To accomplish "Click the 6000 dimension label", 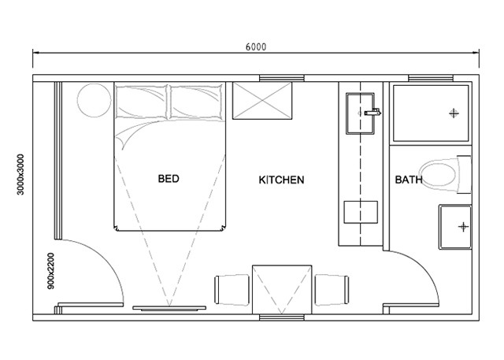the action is pyautogui.click(x=256, y=47).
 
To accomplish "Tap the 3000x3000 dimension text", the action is pyautogui.click(x=20, y=175).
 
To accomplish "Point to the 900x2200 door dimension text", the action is pyautogui.click(x=50, y=271).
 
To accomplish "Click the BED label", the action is pyautogui.click(x=169, y=179).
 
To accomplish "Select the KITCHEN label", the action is pyautogui.click(x=281, y=180).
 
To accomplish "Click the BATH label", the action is pyautogui.click(x=409, y=180).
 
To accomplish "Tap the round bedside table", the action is pyautogui.click(x=94, y=100).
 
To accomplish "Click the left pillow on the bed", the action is pyautogui.click(x=142, y=102).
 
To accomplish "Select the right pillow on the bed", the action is pyautogui.click(x=196, y=102).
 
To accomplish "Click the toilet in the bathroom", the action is pyautogui.click(x=445, y=175).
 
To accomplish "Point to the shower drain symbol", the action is pyautogui.click(x=454, y=113).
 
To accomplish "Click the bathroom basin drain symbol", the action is pyautogui.click(x=463, y=227).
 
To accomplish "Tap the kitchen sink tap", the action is pyautogui.click(x=372, y=112).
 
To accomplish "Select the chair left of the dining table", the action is pyautogui.click(x=232, y=290).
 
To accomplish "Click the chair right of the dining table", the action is pyautogui.click(x=332, y=290).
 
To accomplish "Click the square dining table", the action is pyautogui.click(x=282, y=290).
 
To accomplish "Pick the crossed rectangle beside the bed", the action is pyautogui.click(x=262, y=101).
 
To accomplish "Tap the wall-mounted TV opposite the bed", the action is pyautogui.click(x=169, y=308).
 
